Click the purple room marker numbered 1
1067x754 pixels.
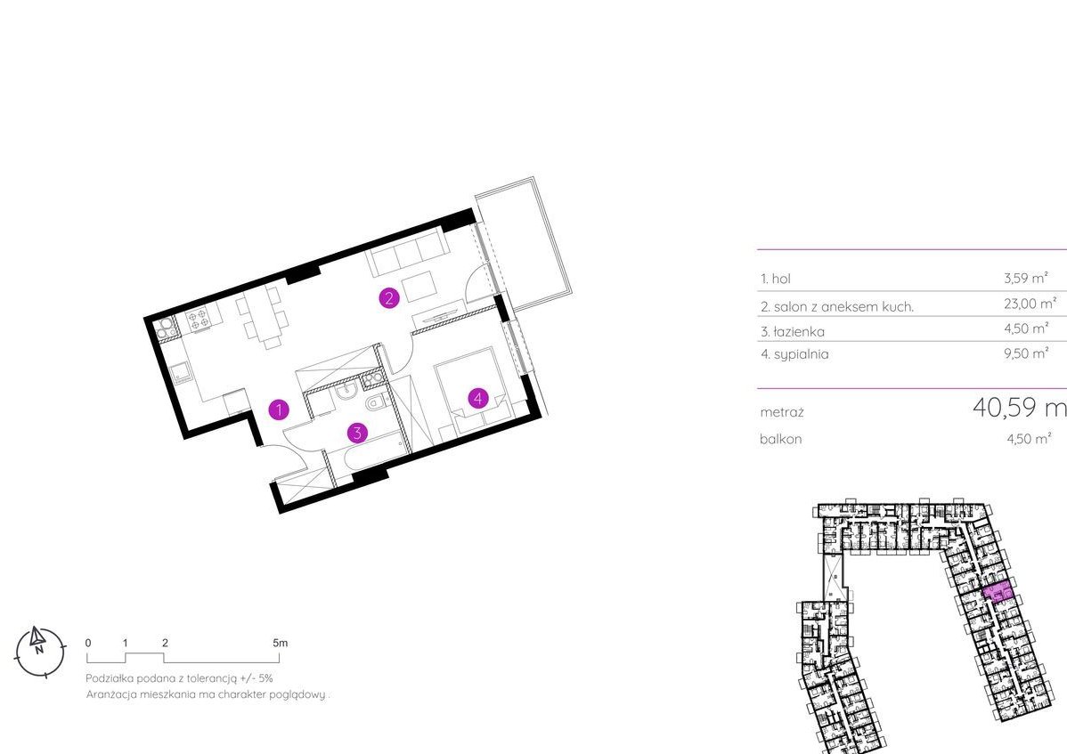pos(279,409)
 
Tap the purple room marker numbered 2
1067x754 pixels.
pos(389,298)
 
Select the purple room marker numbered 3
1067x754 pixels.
pos(357,433)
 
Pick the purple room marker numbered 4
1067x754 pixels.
pos(478,398)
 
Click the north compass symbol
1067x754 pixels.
pos(40,651)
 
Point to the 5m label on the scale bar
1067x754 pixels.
pos(280,643)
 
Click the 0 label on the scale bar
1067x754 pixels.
pos(88,643)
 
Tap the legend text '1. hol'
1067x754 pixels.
pos(776,279)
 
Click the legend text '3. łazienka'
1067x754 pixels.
pos(793,332)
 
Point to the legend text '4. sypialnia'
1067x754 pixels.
pos(794,354)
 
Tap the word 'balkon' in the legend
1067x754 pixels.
pos(780,439)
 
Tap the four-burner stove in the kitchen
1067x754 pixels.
pos(198,320)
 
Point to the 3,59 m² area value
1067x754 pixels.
pos(1026,278)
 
